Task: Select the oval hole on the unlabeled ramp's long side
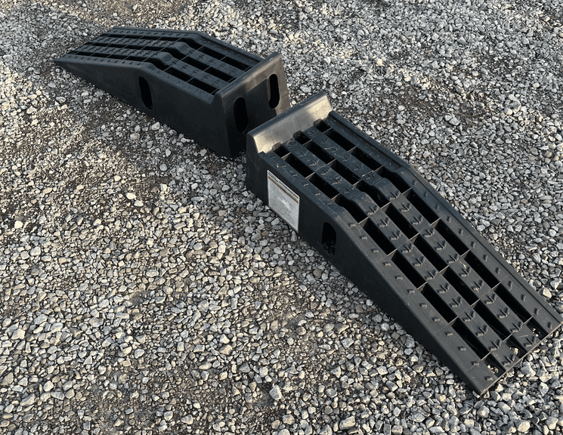[x=145, y=92]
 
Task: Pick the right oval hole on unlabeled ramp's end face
[x=273, y=91]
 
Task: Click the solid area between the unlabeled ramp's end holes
[x=258, y=102]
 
